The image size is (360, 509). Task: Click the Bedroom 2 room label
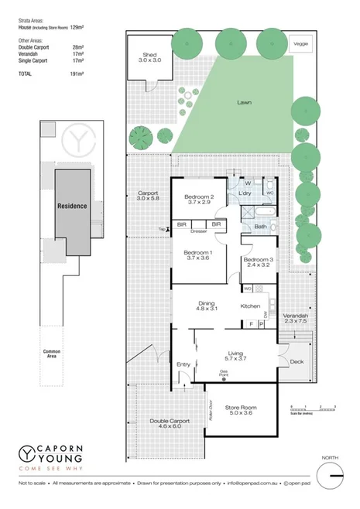[x=199, y=197]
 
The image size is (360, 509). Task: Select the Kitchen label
[x=250, y=306]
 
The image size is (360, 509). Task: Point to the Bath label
[x=260, y=227]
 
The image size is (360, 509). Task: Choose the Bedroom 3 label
[x=258, y=259]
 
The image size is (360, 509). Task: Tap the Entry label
[x=183, y=364]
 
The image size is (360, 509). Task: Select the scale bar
[x=311, y=408]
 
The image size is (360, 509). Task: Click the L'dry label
[x=246, y=193]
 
